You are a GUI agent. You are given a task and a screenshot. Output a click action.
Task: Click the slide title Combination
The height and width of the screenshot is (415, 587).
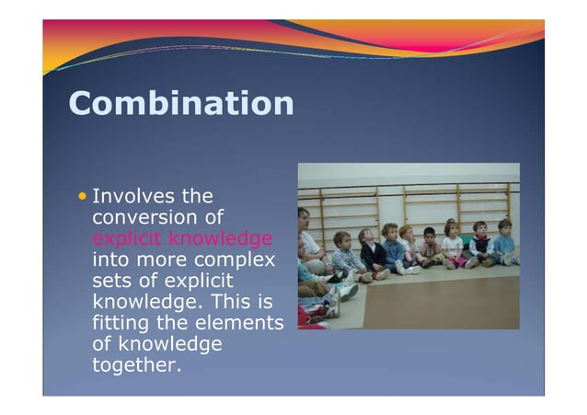(x=180, y=103)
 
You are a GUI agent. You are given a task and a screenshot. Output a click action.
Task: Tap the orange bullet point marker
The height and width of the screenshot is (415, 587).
(x=84, y=196)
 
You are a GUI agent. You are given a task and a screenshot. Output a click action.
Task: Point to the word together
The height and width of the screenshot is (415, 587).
(x=137, y=365)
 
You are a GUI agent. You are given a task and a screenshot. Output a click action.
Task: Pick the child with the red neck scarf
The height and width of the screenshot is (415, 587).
(x=408, y=248)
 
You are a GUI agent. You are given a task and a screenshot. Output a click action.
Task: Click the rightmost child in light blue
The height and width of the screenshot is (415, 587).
(x=504, y=243)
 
